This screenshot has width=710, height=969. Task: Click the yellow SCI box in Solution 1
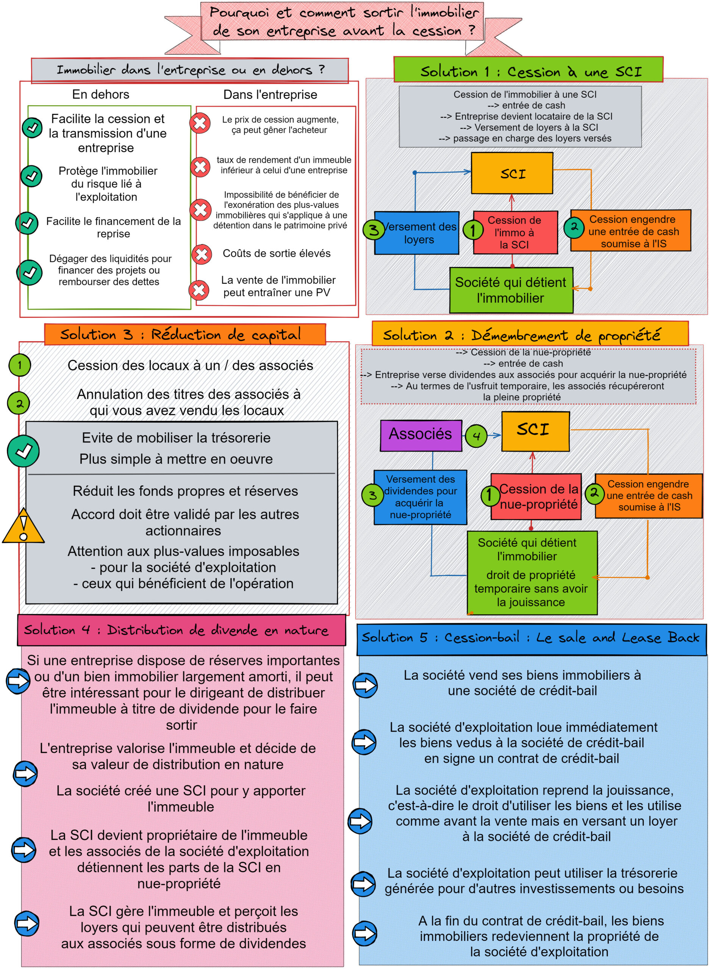512,173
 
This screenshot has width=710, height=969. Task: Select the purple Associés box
421,435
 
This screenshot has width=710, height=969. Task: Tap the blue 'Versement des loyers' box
416,233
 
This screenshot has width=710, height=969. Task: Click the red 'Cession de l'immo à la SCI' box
515,232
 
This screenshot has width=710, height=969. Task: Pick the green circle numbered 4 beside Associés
476,436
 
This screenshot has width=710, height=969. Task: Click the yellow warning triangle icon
23,526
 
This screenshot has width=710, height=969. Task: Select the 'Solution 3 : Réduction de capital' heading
185,335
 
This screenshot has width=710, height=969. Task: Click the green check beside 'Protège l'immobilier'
31,176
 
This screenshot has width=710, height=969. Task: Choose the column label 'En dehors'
100,95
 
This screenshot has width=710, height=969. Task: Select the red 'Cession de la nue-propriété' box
536,496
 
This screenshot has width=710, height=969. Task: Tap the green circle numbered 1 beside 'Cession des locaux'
19,365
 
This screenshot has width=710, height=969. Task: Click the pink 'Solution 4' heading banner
181,630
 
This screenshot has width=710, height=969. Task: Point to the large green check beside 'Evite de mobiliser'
23,451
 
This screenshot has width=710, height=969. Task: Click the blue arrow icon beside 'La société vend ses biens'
365,685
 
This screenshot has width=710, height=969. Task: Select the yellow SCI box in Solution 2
535,431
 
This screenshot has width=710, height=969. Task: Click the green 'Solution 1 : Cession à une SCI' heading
528,70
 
